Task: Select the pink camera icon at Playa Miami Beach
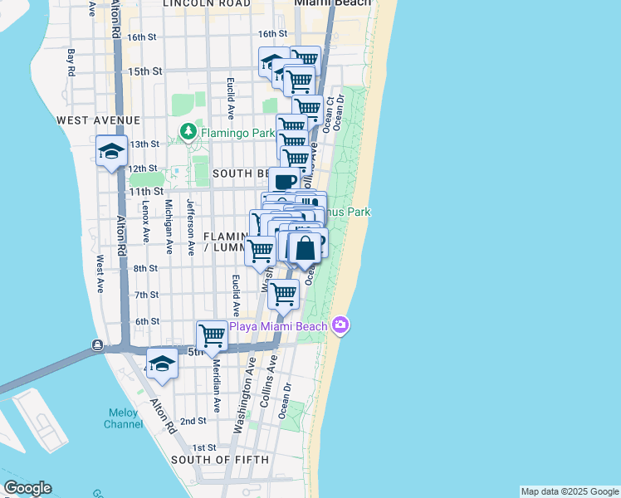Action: pyautogui.click(x=340, y=325)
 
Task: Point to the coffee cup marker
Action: pyautogui.click(x=284, y=181)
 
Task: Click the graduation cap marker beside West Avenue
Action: pyautogui.click(x=111, y=151)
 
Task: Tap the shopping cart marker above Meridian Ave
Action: pyautogui.click(x=213, y=335)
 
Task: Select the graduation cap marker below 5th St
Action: pyautogui.click(x=162, y=364)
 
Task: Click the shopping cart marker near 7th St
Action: pyautogui.click(x=284, y=293)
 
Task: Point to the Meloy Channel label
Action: pyautogui.click(x=123, y=418)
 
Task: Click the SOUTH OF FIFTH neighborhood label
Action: pyautogui.click(x=219, y=460)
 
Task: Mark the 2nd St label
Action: pyautogui.click(x=193, y=421)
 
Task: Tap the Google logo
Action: pyautogui.click(x=27, y=488)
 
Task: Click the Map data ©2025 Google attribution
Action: pyautogui.click(x=570, y=491)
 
